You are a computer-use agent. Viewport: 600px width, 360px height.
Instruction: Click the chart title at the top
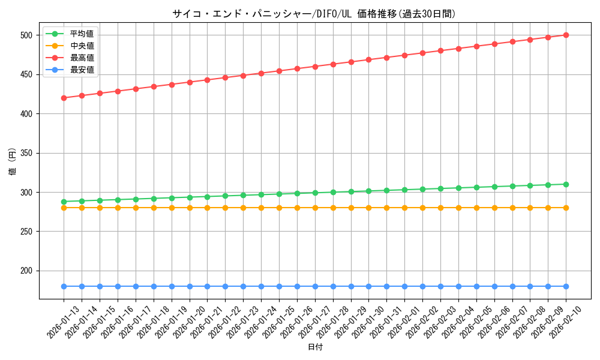[x=314, y=14]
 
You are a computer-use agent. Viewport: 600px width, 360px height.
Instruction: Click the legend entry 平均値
[x=82, y=34]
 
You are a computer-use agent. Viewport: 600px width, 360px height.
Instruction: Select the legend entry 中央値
[x=82, y=46]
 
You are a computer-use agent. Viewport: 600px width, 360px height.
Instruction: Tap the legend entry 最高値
[x=82, y=58]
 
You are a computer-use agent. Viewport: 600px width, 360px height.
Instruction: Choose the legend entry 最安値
[x=82, y=70]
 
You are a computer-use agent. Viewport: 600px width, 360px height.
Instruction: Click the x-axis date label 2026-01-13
[x=63, y=322]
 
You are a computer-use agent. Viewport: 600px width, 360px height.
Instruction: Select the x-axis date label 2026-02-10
[x=565, y=322]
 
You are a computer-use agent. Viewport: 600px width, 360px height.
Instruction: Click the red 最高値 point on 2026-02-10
[x=566, y=35]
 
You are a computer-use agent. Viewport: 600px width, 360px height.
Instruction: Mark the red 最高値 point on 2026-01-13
[x=64, y=98]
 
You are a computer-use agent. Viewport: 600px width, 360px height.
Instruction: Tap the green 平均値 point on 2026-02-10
[x=566, y=184]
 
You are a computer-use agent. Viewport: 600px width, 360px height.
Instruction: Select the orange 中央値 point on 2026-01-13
[x=64, y=208]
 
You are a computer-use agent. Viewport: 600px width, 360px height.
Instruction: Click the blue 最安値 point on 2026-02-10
[x=566, y=286]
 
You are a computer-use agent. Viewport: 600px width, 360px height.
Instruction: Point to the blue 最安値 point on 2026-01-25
[x=279, y=286]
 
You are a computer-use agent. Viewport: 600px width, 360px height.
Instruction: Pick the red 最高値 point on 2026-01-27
[x=315, y=67]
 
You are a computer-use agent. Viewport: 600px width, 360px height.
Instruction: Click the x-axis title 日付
[x=315, y=347]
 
